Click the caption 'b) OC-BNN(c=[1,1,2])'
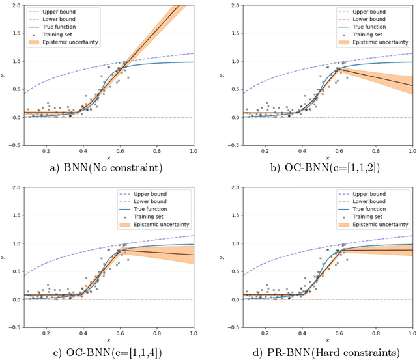[316, 168]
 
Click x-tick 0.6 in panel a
[120, 150]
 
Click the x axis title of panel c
[108, 339]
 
